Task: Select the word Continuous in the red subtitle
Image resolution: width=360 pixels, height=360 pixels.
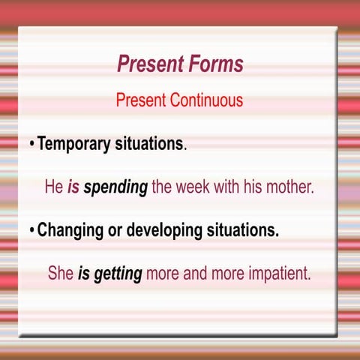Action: (x=207, y=100)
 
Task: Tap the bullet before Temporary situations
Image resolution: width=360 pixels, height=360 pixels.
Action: (x=31, y=143)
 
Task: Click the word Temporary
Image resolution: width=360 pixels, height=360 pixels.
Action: (x=75, y=143)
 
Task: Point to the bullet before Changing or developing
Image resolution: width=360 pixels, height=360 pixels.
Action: (x=31, y=230)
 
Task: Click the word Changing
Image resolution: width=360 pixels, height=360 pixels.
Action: (x=70, y=230)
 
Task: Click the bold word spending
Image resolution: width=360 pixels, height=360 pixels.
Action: (x=115, y=187)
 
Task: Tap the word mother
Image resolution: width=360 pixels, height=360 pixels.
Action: (x=289, y=187)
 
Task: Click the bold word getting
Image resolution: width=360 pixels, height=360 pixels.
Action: (x=117, y=274)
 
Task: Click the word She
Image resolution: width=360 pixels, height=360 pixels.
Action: (x=61, y=274)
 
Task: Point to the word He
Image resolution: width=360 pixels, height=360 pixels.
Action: (x=54, y=187)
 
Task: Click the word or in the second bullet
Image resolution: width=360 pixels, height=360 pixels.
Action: (x=114, y=230)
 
